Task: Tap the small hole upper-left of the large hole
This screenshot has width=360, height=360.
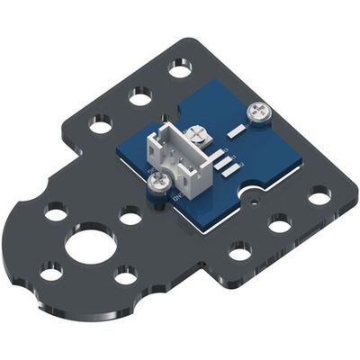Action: (x=55, y=213)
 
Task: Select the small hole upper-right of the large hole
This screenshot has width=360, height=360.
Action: (x=130, y=216)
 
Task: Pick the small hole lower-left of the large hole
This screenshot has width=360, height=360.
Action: (x=51, y=270)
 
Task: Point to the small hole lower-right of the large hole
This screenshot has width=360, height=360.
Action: (x=126, y=275)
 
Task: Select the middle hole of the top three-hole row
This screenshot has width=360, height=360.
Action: (x=139, y=94)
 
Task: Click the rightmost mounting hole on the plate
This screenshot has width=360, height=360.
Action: (x=319, y=194)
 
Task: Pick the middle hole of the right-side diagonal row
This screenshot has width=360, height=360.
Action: (x=279, y=222)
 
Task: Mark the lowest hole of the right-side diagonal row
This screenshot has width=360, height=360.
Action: (x=239, y=251)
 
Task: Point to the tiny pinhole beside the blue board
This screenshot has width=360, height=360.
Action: (x=257, y=202)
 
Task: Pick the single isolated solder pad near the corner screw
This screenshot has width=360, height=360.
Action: (x=237, y=132)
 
